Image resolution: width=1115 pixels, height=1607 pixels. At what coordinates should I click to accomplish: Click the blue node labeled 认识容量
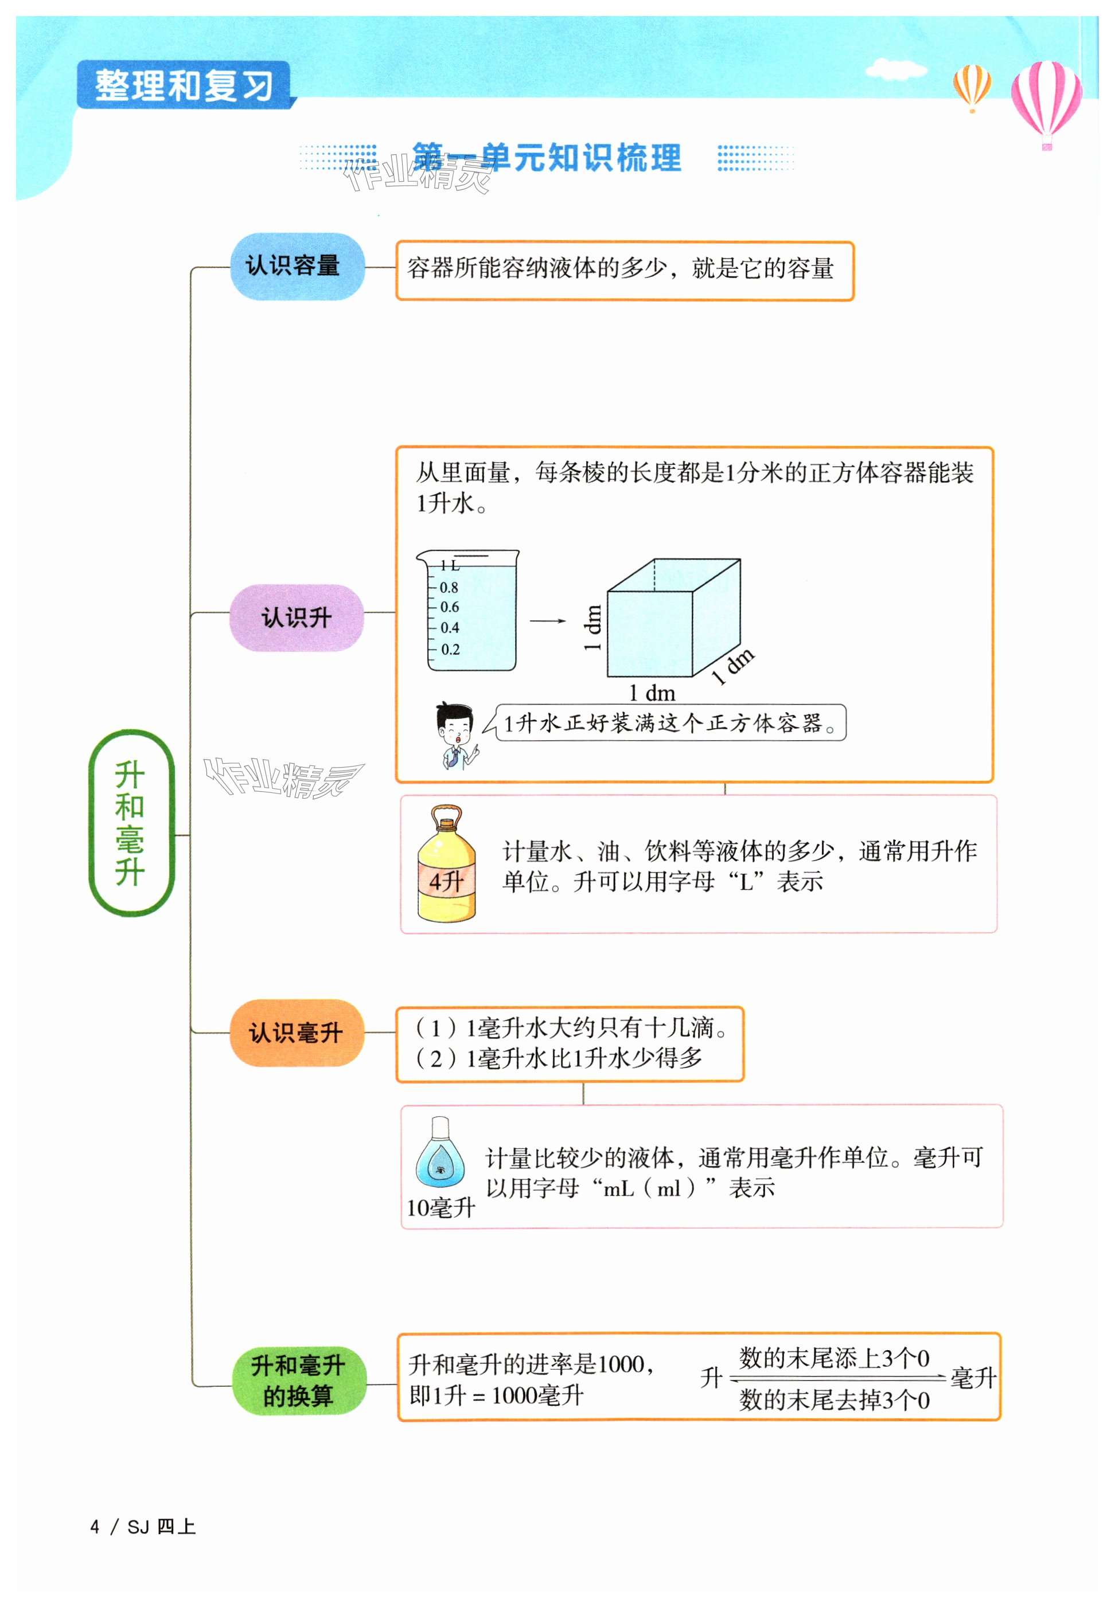coord(297,266)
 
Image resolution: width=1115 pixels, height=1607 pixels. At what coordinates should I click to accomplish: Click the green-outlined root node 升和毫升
coord(131,823)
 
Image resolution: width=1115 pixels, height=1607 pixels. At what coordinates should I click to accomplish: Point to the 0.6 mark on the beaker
coord(449,607)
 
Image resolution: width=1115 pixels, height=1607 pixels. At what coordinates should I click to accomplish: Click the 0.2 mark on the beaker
coord(450,650)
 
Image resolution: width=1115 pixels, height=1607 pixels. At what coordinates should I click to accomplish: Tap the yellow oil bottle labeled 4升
coord(446,864)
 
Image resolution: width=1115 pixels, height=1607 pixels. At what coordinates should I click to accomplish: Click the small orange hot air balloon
coord(972,85)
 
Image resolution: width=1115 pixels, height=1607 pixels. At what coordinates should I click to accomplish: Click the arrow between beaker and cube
coord(547,620)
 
